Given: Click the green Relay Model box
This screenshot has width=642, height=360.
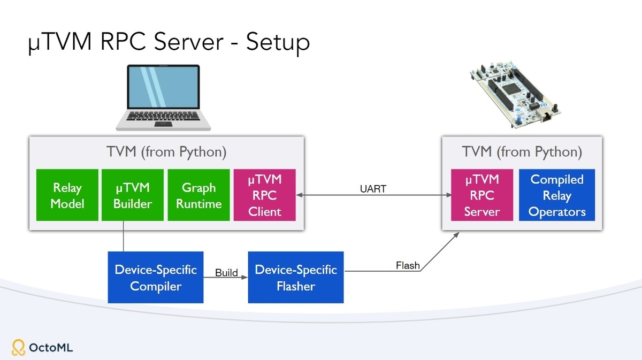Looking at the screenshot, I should pyautogui.click(x=67, y=195).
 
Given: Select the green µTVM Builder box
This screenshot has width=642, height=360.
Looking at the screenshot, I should pyautogui.click(x=133, y=195).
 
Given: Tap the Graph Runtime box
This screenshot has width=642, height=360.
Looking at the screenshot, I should pyautogui.click(x=198, y=195).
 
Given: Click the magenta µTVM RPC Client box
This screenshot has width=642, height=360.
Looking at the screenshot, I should pyautogui.click(x=264, y=195).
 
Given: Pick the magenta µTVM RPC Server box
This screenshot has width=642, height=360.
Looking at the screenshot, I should pyautogui.click(x=482, y=195).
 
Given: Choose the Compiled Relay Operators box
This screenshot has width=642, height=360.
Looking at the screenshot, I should pyautogui.click(x=557, y=195).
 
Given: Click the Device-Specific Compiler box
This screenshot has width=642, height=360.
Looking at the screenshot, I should pyautogui.click(x=156, y=277).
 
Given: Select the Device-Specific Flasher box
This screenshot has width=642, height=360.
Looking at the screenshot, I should pyautogui.click(x=296, y=277).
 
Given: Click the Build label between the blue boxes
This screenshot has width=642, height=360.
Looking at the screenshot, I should pyautogui.click(x=226, y=273).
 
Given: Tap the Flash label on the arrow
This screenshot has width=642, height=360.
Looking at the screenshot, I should pyautogui.click(x=408, y=265).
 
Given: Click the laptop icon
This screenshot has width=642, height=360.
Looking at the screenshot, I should pyautogui.click(x=163, y=97).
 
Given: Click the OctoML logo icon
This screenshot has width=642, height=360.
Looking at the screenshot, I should pyautogui.click(x=19, y=348).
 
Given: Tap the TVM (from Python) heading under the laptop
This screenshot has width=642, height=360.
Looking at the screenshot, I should pyautogui.click(x=166, y=152).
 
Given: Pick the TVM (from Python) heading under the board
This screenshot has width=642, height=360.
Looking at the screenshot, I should pyautogui.click(x=522, y=152).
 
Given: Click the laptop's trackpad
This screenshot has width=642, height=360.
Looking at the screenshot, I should pyautogui.click(x=163, y=124).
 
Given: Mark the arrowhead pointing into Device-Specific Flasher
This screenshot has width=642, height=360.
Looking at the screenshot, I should pyautogui.click(x=245, y=278).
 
